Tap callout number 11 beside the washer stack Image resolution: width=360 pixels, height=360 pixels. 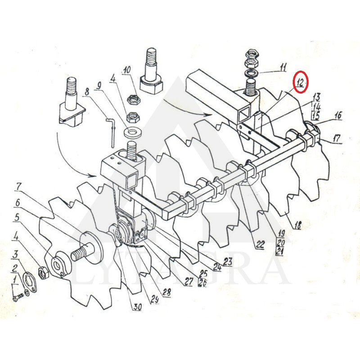[283, 68]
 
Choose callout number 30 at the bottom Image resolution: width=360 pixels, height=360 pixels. [137, 307]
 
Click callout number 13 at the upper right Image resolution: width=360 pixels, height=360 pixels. [316, 97]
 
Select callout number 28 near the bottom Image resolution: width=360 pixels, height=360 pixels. [166, 292]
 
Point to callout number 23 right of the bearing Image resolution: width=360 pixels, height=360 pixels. [227, 261]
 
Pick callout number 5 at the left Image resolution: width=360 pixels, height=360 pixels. [17, 218]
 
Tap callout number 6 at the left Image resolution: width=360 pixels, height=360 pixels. [18, 202]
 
